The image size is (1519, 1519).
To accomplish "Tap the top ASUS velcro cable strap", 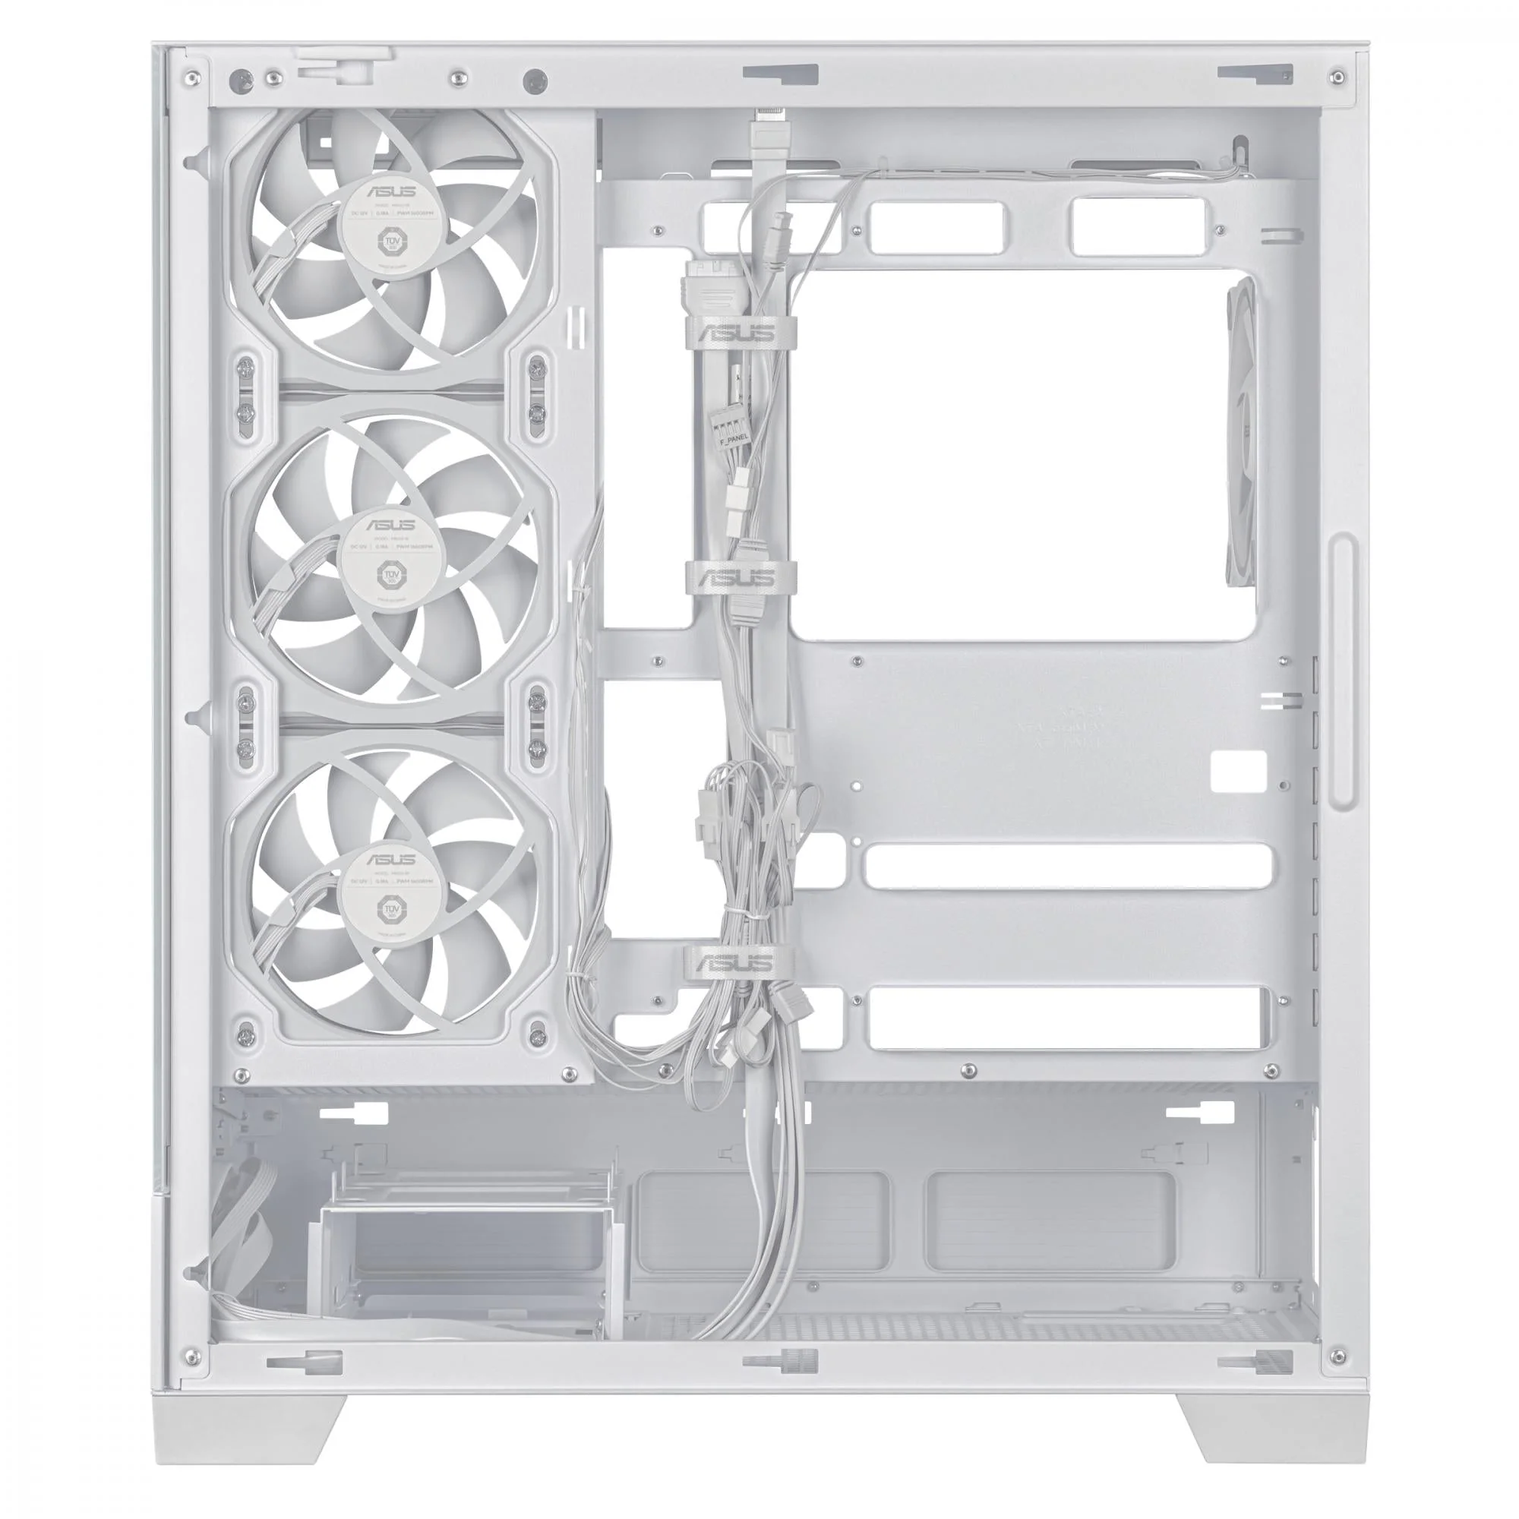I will pos(739,332).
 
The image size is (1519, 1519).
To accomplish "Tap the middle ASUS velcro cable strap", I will pos(739,578).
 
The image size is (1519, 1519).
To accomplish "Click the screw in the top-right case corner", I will pos(1337,77).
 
